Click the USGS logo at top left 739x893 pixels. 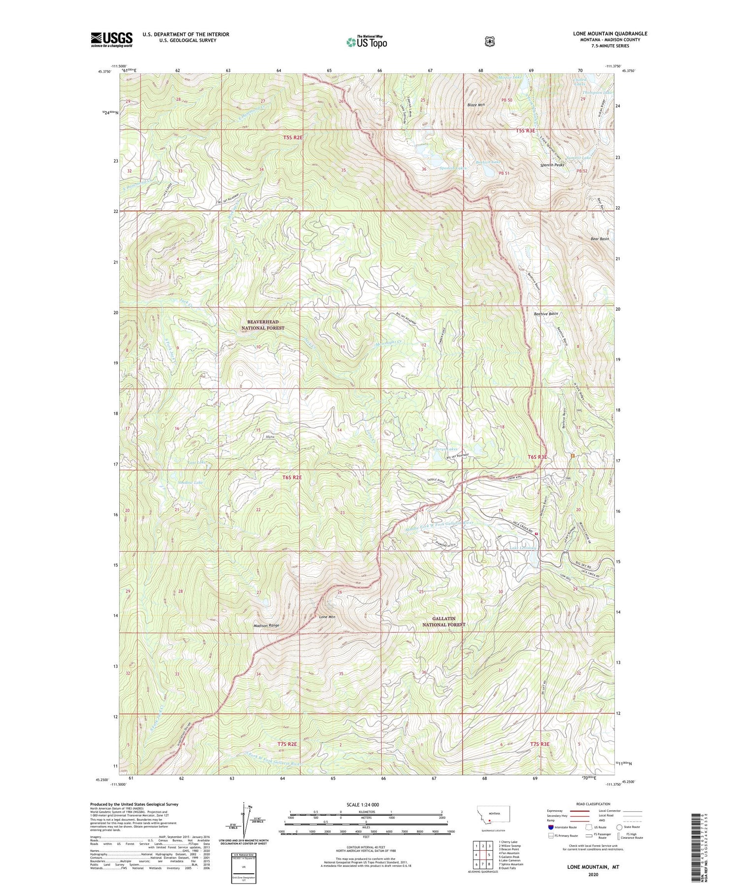(111, 39)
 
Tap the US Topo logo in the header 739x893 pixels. (367, 42)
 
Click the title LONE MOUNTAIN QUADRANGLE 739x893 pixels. (610, 33)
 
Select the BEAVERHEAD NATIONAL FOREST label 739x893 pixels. (263, 325)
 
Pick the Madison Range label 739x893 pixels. (266, 625)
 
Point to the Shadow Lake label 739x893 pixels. (190, 482)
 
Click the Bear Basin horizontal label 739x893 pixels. (600, 239)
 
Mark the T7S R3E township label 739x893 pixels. (539, 743)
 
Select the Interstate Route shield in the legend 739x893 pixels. (550, 827)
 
